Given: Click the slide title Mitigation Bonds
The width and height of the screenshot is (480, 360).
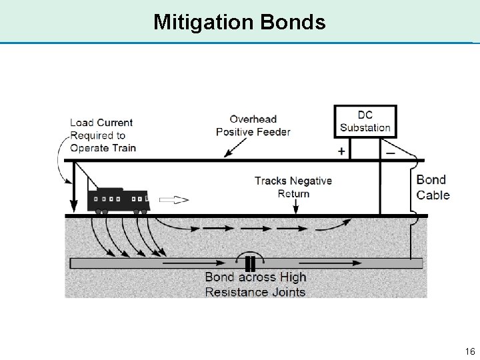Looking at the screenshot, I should [x=239, y=22].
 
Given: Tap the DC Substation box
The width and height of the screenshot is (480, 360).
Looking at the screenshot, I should [x=365, y=121].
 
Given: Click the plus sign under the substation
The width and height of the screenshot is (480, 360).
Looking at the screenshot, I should [x=341, y=151].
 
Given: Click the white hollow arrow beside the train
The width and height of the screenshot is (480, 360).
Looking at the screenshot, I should [x=173, y=199].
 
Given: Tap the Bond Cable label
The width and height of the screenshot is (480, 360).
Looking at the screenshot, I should [x=433, y=187].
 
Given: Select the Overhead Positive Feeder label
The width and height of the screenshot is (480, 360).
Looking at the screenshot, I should [x=253, y=125].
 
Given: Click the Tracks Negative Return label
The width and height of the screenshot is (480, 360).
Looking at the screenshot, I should [x=293, y=187].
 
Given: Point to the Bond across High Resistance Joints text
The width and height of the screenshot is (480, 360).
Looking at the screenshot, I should [x=255, y=285].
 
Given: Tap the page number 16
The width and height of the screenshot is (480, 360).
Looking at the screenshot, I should [x=469, y=351].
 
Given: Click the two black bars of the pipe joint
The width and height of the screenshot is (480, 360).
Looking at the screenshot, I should [x=250, y=263].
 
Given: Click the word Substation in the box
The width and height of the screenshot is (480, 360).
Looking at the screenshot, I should [x=365, y=127].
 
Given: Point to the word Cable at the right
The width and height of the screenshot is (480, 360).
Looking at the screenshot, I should [x=433, y=195].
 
